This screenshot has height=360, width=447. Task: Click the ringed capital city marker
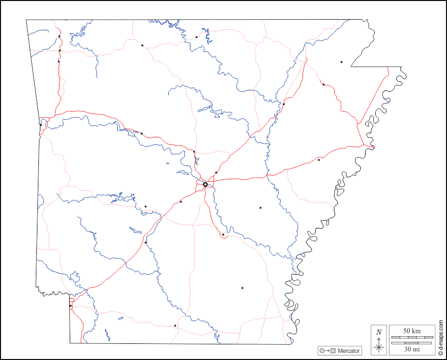(x=205, y=185)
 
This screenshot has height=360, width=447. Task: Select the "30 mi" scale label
(x=412, y=349)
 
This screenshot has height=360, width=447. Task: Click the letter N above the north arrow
(x=379, y=332)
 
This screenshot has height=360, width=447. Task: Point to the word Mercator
(x=349, y=351)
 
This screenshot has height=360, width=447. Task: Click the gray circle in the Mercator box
(x=321, y=351)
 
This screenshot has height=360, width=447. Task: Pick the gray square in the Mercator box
(x=333, y=351)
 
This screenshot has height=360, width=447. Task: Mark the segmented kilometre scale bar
(x=412, y=337)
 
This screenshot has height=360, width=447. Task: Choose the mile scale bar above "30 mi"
(x=412, y=343)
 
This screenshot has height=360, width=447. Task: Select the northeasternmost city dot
(x=341, y=62)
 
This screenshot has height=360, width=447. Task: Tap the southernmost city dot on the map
(x=175, y=326)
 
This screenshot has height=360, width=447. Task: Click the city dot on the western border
(x=41, y=125)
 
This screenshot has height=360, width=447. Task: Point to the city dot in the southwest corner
(x=71, y=306)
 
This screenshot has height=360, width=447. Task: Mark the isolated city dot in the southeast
(x=242, y=288)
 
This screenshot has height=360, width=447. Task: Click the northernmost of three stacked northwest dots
(x=59, y=36)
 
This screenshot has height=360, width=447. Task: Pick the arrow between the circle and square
(x=327, y=351)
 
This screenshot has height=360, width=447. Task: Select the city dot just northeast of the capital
(x=216, y=173)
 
